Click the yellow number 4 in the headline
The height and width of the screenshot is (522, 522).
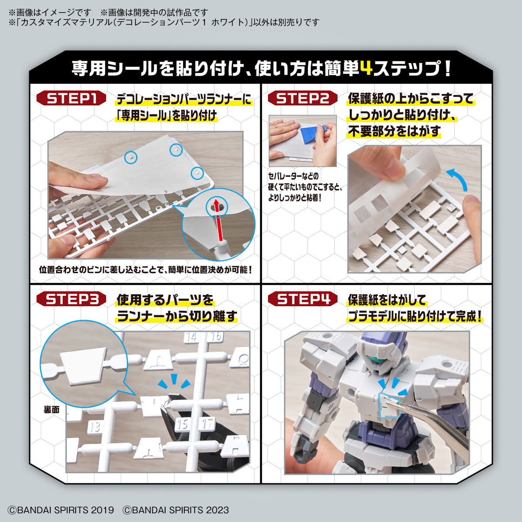367,68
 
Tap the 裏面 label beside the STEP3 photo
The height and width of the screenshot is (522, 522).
51,409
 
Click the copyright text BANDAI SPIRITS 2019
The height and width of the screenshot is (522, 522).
61,510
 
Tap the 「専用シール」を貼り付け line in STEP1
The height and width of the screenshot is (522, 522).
166,116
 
